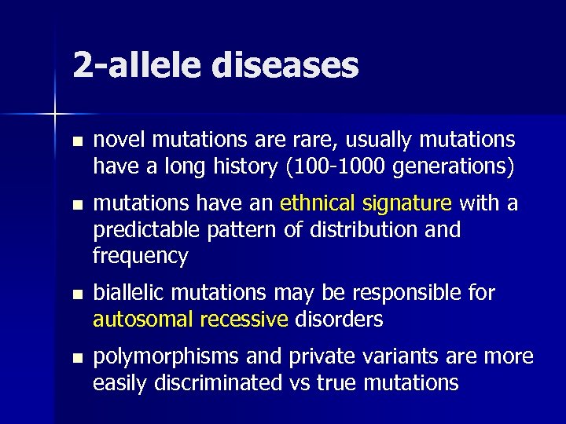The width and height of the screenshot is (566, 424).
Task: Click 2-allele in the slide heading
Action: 137,66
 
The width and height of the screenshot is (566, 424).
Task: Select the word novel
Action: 119,140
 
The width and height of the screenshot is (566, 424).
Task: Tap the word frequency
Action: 141,256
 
